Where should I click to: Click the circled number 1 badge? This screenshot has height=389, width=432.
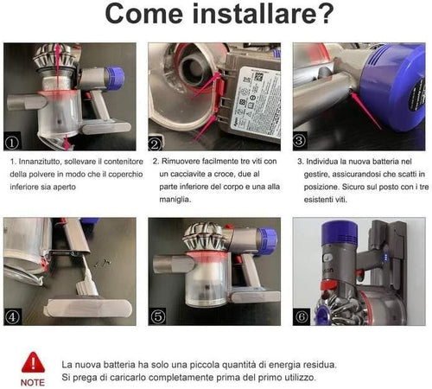pos(12,143)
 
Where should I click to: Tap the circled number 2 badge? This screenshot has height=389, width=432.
pos(155,144)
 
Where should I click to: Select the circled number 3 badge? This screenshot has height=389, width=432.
pos(300,141)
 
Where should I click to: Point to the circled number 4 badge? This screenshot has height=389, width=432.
pos(12,316)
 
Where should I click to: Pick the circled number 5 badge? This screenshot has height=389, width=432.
pos(158,316)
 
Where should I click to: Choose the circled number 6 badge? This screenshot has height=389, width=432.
pos(302,316)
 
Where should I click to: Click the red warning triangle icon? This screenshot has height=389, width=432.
pos(33,362)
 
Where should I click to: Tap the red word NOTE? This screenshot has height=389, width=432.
pos(33,383)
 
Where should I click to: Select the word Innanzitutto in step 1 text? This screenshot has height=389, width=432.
pos(40,162)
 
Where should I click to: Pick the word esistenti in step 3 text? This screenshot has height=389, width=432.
pos(318,200)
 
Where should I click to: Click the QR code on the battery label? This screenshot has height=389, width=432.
pos(258,77)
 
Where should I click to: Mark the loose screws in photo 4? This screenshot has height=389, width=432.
pos(103,262)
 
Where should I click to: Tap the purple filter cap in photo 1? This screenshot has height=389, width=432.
pos(115,77)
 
